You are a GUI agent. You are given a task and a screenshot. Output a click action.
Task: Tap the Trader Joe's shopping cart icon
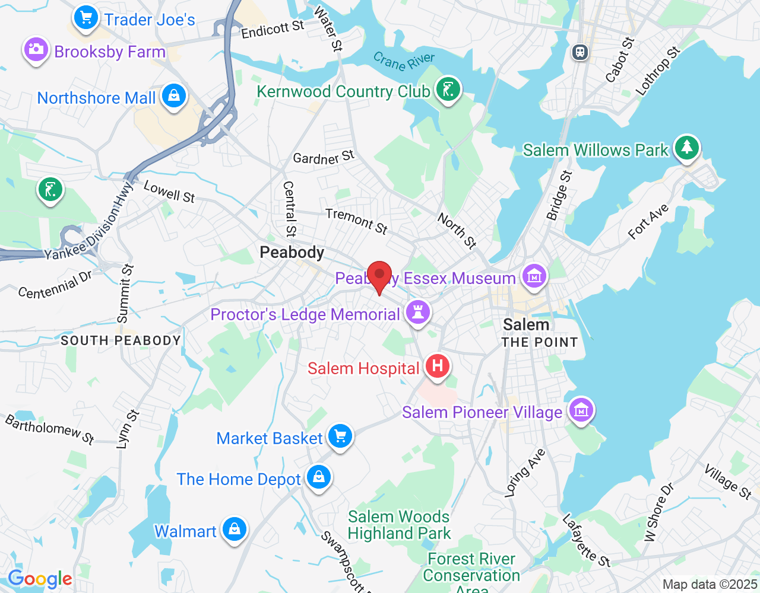click(86, 17)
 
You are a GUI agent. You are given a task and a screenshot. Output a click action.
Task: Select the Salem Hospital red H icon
click(438, 366)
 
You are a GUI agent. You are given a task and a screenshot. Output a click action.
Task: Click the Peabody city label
click(292, 253)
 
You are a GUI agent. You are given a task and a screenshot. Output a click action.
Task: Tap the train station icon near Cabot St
click(580, 52)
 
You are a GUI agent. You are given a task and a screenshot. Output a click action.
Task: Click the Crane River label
click(404, 61)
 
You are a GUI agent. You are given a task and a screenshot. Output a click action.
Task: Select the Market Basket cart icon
click(340, 436)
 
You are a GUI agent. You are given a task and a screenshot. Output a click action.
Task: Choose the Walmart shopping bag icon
click(235, 528)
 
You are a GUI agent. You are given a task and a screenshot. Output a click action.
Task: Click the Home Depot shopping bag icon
click(319, 476)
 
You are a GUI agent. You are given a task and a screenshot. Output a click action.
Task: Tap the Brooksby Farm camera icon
click(36, 49)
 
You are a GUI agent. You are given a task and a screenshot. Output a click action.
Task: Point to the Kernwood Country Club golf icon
click(448, 90)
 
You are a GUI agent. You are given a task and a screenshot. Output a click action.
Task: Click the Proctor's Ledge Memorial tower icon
click(418, 311)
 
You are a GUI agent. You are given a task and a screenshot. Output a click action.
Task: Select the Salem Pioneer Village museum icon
click(581, 409)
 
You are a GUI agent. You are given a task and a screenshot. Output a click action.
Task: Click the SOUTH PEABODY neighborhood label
click(121, 340)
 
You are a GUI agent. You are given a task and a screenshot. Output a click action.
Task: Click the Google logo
click(40, 579)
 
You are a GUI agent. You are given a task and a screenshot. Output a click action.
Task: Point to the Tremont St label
click(356, 221)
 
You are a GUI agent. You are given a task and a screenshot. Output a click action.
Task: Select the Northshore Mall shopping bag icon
click(174, 95)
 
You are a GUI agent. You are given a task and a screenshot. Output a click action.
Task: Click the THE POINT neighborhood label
click(539, 342)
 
